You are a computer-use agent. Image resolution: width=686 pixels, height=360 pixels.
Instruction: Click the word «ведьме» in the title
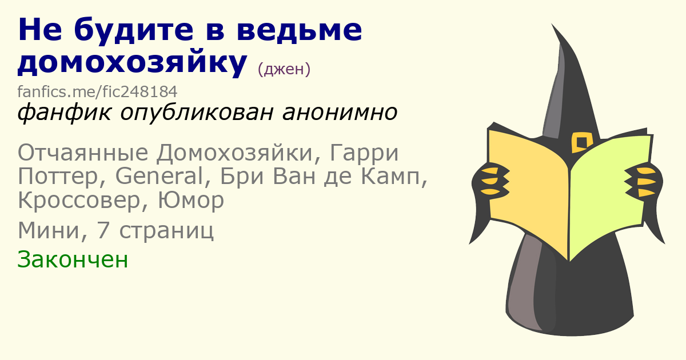click(300, 30)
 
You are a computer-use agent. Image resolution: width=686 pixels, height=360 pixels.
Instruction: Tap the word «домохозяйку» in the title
click(132, 62)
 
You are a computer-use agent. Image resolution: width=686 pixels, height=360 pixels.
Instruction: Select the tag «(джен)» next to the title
click(284, 69)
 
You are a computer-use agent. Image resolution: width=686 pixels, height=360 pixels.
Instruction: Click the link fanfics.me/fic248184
click(97, 91)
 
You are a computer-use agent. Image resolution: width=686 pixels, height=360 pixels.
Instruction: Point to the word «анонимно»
click(340, 113)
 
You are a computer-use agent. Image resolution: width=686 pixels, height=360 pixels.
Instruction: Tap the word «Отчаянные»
click(83, 153)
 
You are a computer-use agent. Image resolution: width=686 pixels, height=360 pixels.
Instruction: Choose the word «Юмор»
click(191, 200)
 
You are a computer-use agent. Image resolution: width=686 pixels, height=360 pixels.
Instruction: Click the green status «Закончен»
click(73, 259)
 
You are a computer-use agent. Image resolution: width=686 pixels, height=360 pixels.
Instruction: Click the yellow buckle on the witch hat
click(581, 142)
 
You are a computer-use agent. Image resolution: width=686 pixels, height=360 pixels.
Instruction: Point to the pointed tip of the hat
click(552, 24)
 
